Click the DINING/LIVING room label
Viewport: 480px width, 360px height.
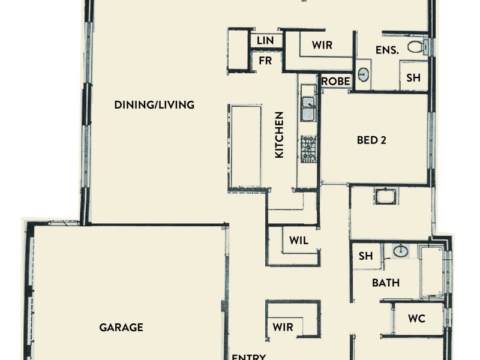[x=154, y=105]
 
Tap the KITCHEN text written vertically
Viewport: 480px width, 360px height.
[x=279, y=135]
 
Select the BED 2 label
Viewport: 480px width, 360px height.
[x=371, y=140]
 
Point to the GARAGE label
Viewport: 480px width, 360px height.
[x=121, y=328]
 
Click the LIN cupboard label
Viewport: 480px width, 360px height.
[x=265, y=40]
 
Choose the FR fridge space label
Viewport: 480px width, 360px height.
[x=265, y=61]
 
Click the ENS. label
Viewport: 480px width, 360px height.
[x=387, y=50]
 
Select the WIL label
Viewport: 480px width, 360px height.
[x=299, y=241]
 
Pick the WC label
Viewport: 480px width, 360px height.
[x=416, y=319]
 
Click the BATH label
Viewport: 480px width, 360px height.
[x=386, y=283]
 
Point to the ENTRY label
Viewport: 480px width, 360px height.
[x=248, y=356]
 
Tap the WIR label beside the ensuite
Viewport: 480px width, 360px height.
[x=322, y=45]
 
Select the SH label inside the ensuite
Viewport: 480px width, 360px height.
[x=413, y=77]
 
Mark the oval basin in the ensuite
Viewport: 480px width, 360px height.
[x=364, y=75]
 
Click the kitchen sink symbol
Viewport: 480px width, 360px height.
[x=308, y=109]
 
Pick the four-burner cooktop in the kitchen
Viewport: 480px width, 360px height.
[x=308, y=148]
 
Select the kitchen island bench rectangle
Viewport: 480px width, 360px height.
[x=245, y=148]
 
